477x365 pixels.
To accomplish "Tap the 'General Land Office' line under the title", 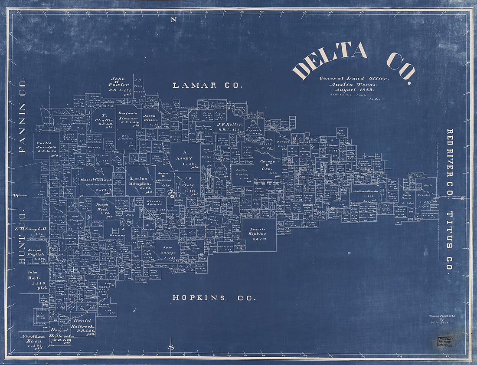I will click(354, 78).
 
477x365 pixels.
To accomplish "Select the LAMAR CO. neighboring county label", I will click(207, 85).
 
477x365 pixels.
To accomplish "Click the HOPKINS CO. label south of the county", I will click(214, 298).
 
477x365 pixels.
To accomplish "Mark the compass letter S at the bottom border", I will click(171, 347).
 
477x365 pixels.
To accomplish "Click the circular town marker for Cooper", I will click(172, 197).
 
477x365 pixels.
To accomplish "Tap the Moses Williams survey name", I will click(96, 180).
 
